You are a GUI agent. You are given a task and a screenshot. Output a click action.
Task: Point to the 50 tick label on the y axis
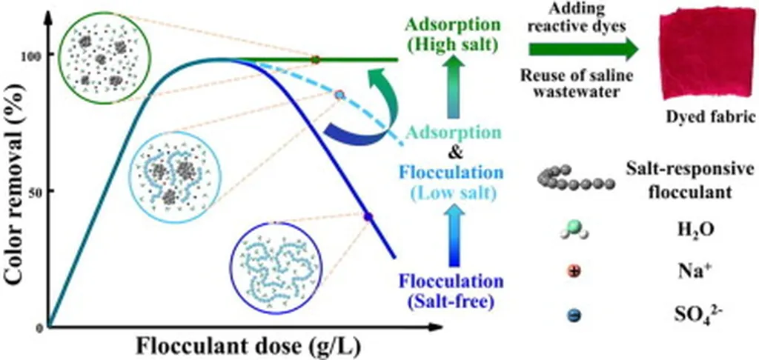35,191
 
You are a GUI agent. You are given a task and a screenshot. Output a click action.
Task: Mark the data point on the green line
315,59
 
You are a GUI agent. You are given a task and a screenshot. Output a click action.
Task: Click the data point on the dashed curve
340,95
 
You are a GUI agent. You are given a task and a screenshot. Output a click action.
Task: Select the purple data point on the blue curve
368,216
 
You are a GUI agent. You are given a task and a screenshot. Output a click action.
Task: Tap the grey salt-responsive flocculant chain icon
576,180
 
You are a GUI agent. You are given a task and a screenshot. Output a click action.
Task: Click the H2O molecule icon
574,231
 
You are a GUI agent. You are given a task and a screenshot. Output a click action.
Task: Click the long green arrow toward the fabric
583,50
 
